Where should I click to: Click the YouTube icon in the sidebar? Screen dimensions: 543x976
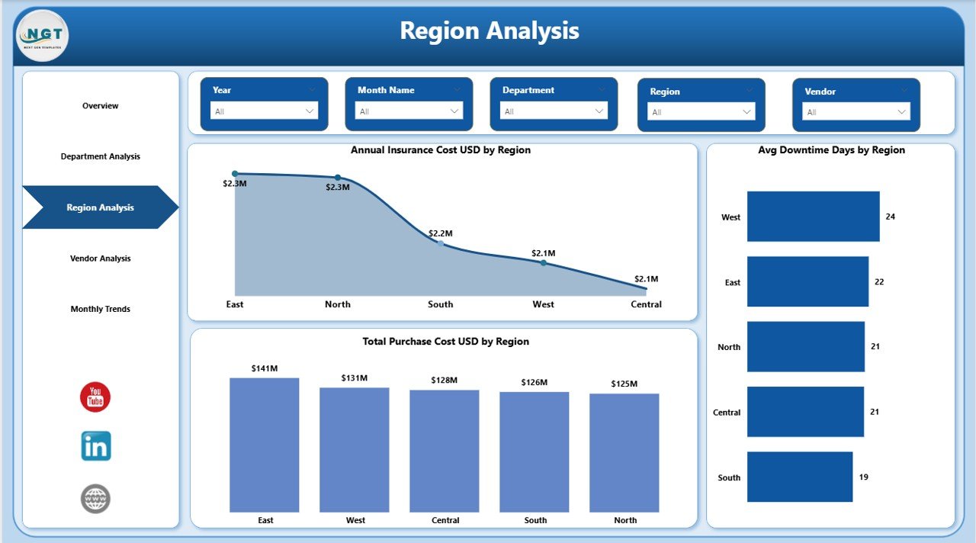coord(95,397)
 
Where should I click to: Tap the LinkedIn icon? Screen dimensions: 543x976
coord(96,446)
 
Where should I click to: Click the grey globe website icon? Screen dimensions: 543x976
coord(96,499)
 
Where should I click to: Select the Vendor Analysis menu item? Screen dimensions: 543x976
coord(101,259)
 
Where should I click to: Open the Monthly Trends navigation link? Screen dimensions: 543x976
coord(101,309)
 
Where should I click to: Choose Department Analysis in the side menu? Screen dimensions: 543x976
coord(101,156)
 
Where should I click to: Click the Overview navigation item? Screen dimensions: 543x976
coord(101,106)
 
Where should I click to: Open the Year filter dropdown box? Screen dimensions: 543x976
coord(265,111)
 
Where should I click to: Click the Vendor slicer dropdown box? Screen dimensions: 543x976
coord(856,112)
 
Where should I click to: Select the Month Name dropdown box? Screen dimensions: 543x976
coord(409,111)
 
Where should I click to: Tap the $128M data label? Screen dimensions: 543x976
coord(445,380)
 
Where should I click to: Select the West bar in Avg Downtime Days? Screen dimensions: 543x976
coord(813,217)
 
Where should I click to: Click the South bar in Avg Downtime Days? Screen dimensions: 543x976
coord(799,477)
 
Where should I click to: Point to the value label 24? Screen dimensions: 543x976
coord(891,217)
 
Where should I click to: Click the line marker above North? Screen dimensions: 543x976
coord(338,177)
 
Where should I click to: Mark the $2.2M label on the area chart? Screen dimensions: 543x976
coord(440,233)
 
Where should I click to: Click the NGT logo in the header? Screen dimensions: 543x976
coord(42,35)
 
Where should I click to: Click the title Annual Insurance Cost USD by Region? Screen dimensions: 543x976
coord(441,150)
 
